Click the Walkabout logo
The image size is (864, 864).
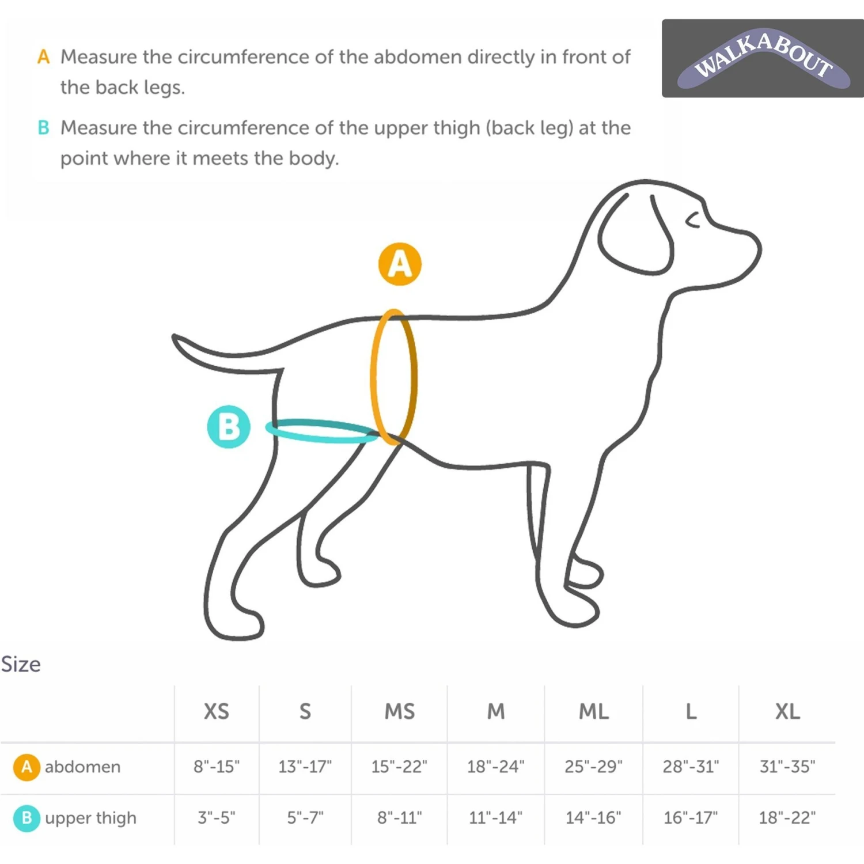(763, 58)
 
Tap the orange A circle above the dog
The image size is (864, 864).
(400, 264)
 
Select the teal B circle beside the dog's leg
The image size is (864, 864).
(229, 427)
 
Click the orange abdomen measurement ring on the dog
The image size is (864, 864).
(372, 377)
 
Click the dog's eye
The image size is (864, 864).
(693, 219)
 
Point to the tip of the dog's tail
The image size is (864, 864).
(175, 338)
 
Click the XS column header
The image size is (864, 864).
(217, 711)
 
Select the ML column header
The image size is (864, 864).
(594, 711)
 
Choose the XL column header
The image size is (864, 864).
(787, 711)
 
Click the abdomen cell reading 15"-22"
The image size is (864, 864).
(399, 767)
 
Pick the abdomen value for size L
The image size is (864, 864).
(691, 767)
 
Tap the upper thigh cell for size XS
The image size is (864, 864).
(217, 817)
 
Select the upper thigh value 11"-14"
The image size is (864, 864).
(495, 817)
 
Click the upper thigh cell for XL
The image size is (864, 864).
(787, 817)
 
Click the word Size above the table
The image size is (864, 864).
(21, 664)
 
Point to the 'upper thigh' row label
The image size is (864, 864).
(90, 818)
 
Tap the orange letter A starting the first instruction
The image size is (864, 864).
(43, 57)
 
